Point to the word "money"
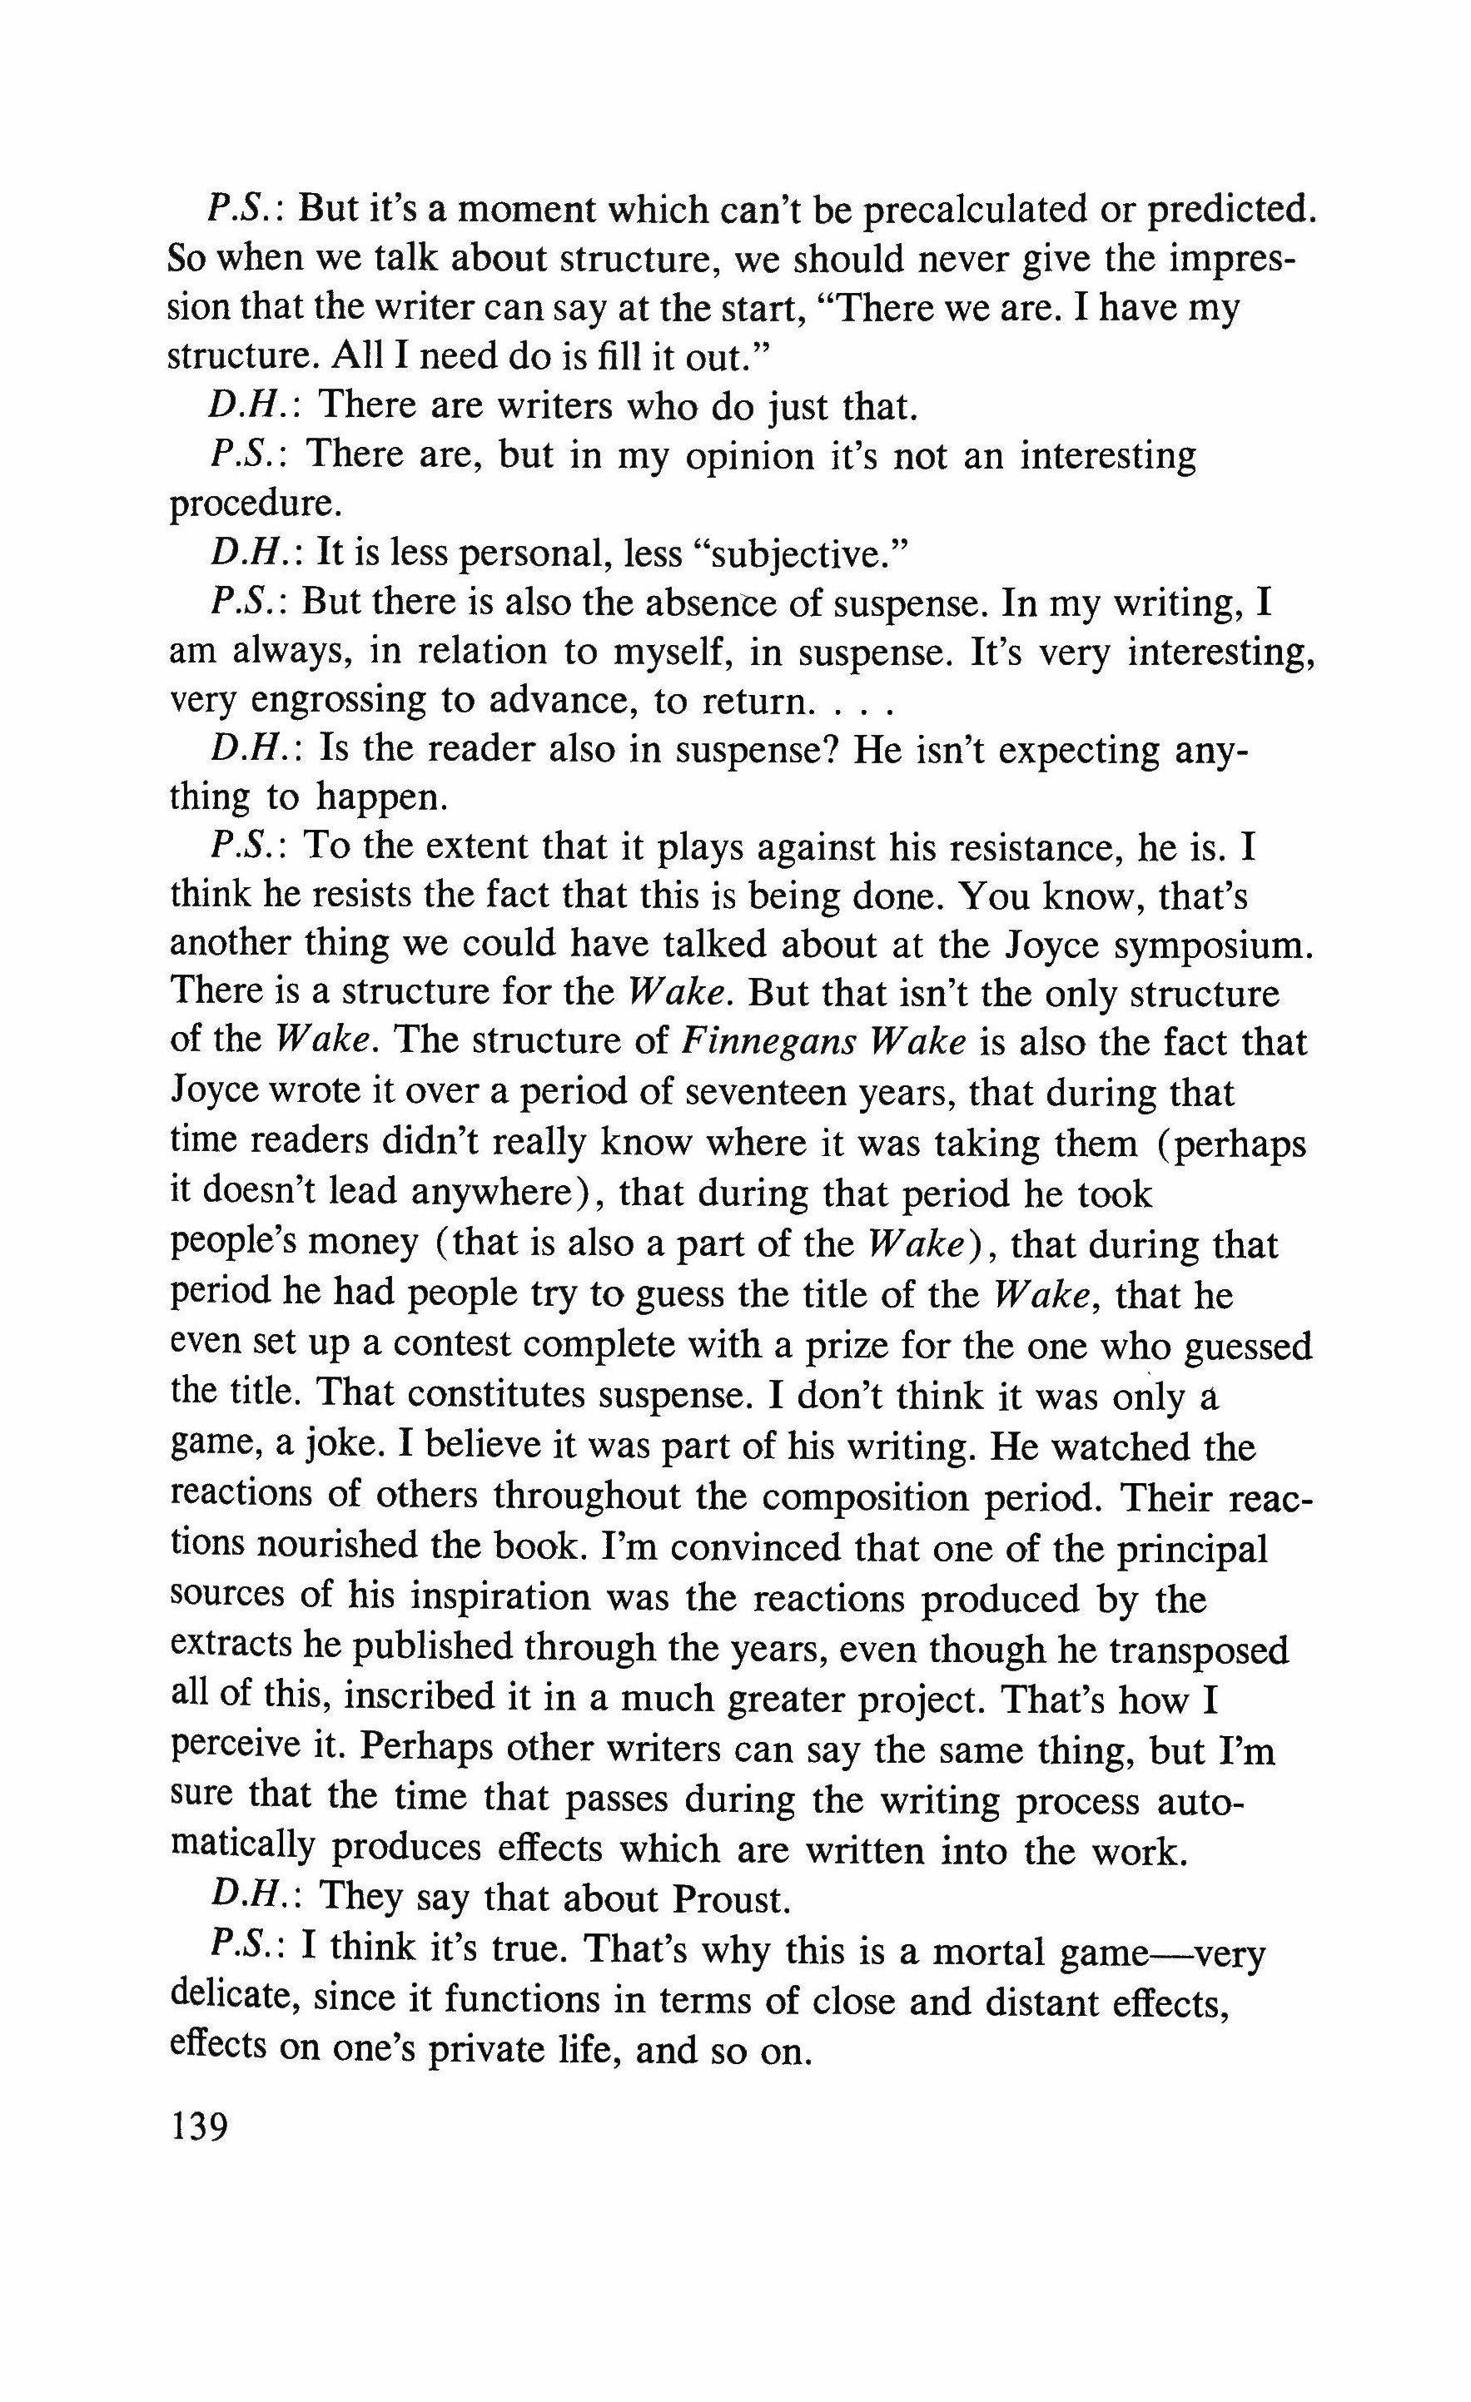(x=366, y=1244)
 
